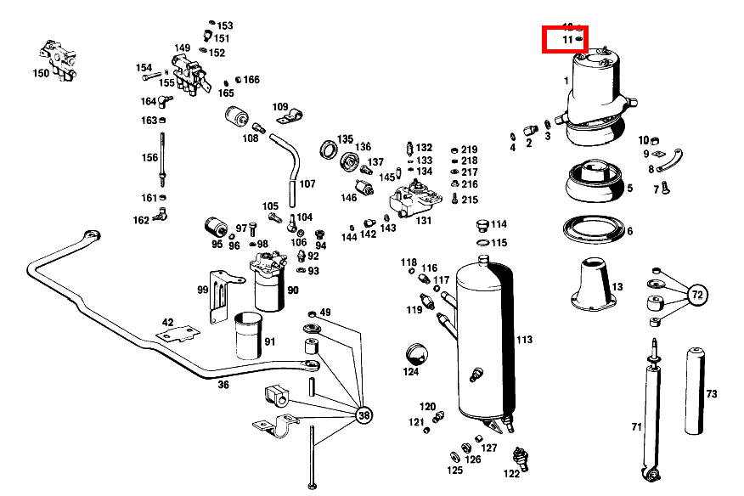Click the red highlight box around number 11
(x=565, y=39)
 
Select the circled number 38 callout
(x=364, y=416)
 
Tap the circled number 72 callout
(x=697, y=296)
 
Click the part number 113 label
(x=524, y=340)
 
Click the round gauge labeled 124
(x=414, y=354)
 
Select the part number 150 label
(x=41, y=74)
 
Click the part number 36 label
(x=223, y=385)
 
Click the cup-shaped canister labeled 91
(x=250, y=337)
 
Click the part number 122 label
(x=511, y=473)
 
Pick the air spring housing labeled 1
(x=599, y=89)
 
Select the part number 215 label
(x=470, y=200)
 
